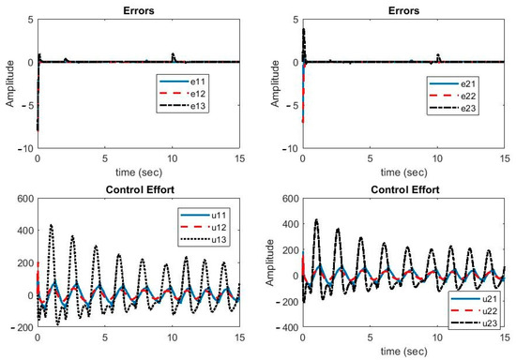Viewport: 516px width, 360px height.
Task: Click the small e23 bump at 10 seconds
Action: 174,54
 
